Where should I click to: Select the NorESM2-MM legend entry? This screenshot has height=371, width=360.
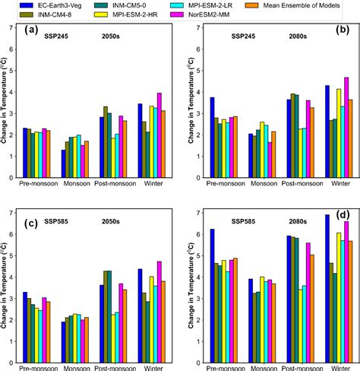(x=222, y=14)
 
